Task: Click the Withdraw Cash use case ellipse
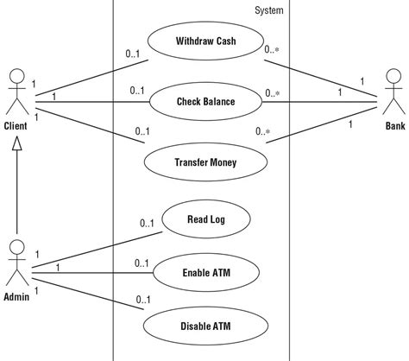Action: pyautogui.click(x=204, y=41)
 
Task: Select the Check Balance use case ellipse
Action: pyautogui.click(x=204, y=102)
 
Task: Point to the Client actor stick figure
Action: pyautogui.click(x=16, y=92)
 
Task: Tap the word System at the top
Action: pyautogui.click(x=268, y=9)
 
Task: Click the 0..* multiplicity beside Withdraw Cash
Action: pyautogui.click(x=273, y=50)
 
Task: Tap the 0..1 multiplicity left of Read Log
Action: pyautogui.click(x=147, y=224)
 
